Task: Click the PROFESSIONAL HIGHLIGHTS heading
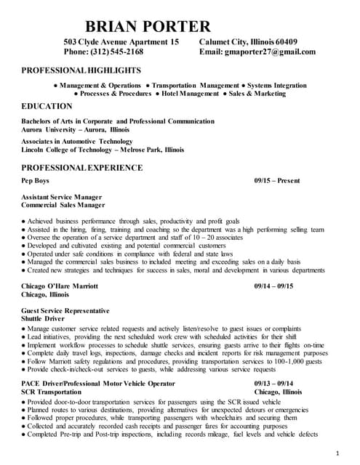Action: point(81,70)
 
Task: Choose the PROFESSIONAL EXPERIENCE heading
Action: point(82,168)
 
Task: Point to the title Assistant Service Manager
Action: point(62,197)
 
